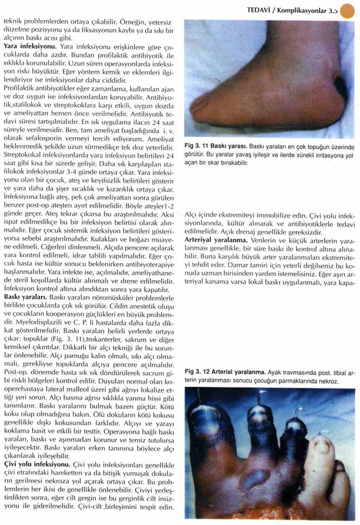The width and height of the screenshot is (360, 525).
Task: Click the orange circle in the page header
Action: [x=347, y=11]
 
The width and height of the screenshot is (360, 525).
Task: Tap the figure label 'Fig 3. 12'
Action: [x=198, y=372]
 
